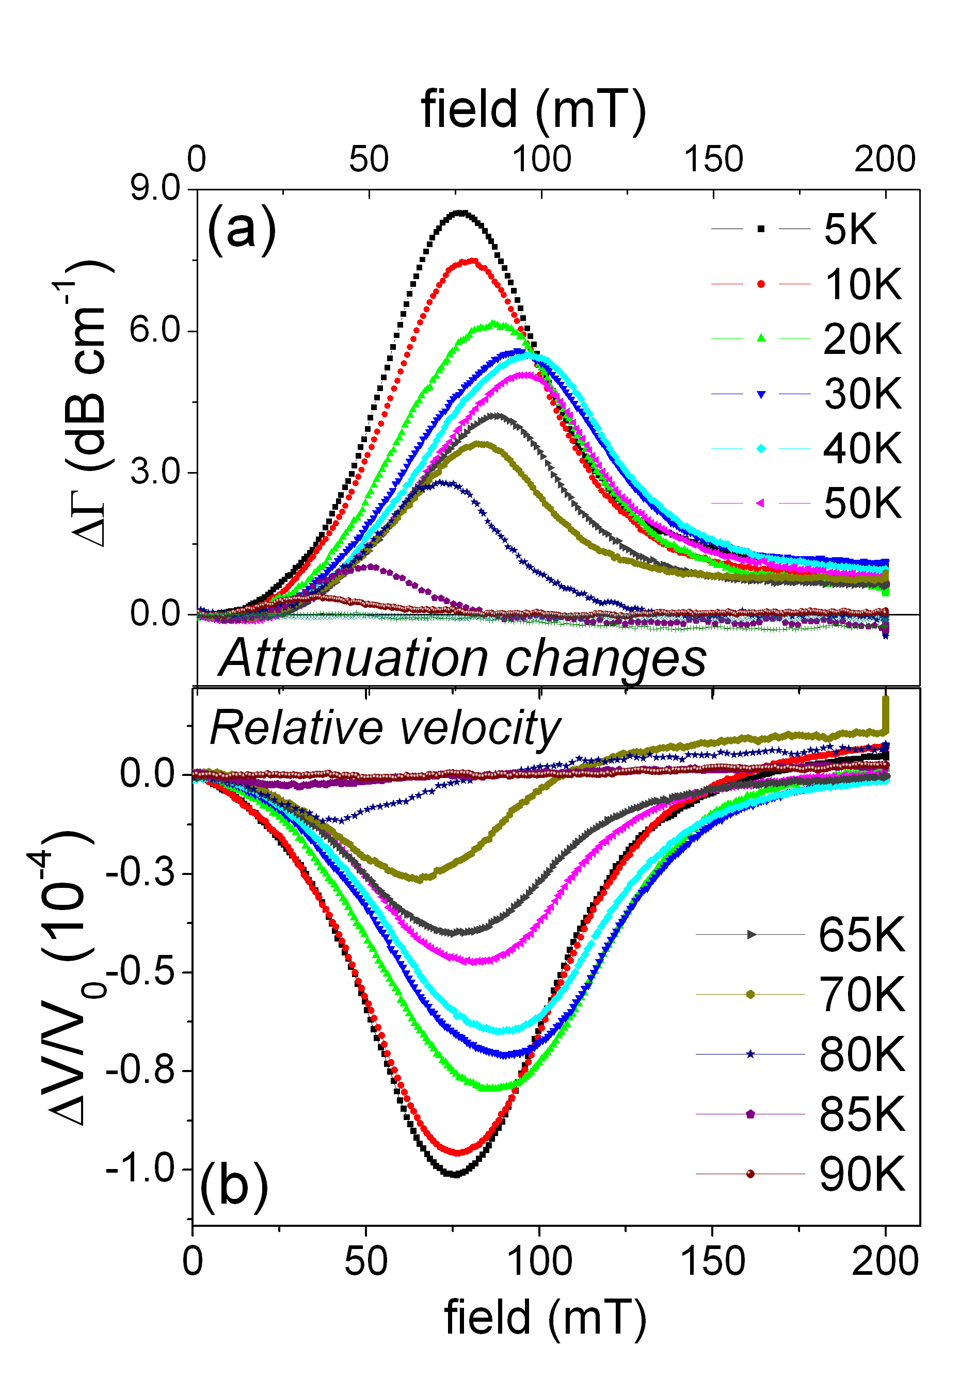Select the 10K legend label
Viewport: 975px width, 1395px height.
click(x=862, y=284)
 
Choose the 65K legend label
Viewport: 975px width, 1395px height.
click(x=861, y=935)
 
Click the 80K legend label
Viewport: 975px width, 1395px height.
click(x=861, y=1054)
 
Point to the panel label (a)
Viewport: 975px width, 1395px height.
click(x=242, y=229)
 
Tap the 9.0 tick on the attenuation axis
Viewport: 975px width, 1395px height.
click(x=155, y=189)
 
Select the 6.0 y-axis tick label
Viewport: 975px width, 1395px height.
click(x=155, y=331)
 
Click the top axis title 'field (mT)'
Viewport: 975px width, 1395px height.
click(x=533, y=109)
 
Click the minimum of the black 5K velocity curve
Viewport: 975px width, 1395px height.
click(x=454, y=1173)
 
